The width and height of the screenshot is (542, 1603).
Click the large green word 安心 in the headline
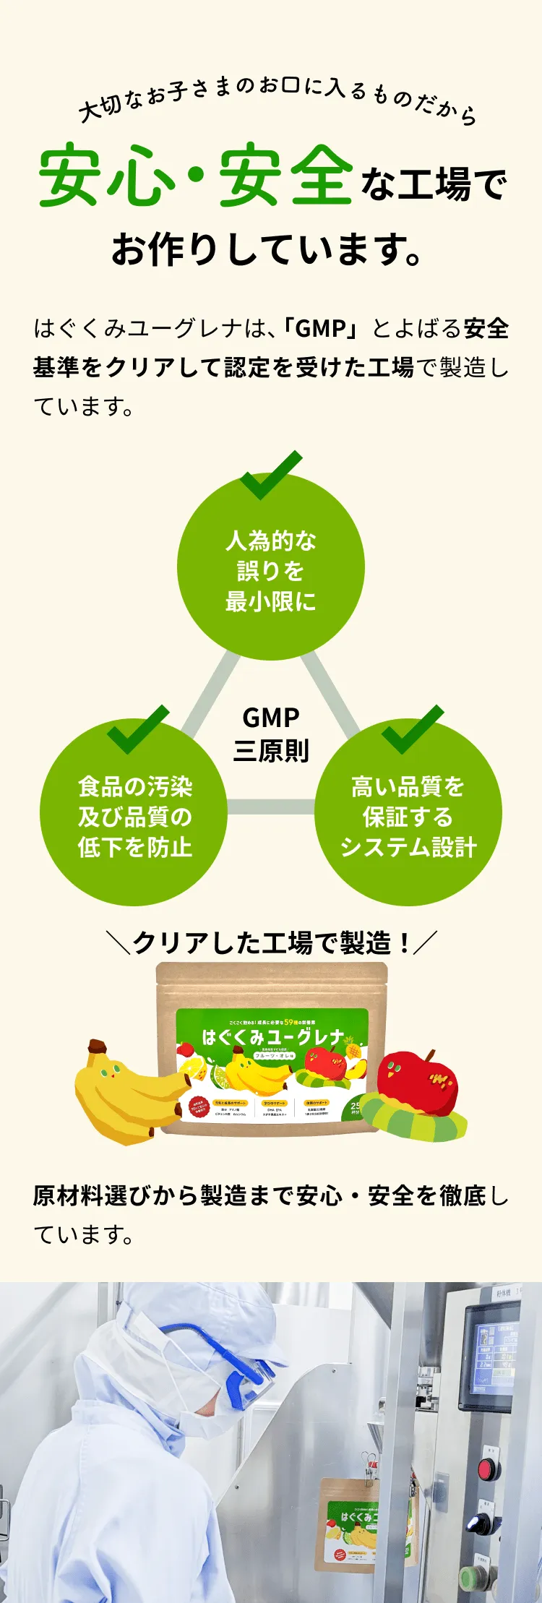tap(108, 176)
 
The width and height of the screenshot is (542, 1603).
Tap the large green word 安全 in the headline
tap(287, 176)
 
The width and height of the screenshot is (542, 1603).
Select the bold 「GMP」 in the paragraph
tap(321, 329)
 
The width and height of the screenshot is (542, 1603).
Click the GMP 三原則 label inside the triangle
tap(271, 734)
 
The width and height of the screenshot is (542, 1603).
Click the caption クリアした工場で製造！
tap(271, 942)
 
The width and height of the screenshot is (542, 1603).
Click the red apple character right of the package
tap(417, 1084)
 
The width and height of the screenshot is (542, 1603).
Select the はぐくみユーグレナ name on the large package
tap(273, 1037)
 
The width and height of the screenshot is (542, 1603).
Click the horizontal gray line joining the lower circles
tap(271, 807)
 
